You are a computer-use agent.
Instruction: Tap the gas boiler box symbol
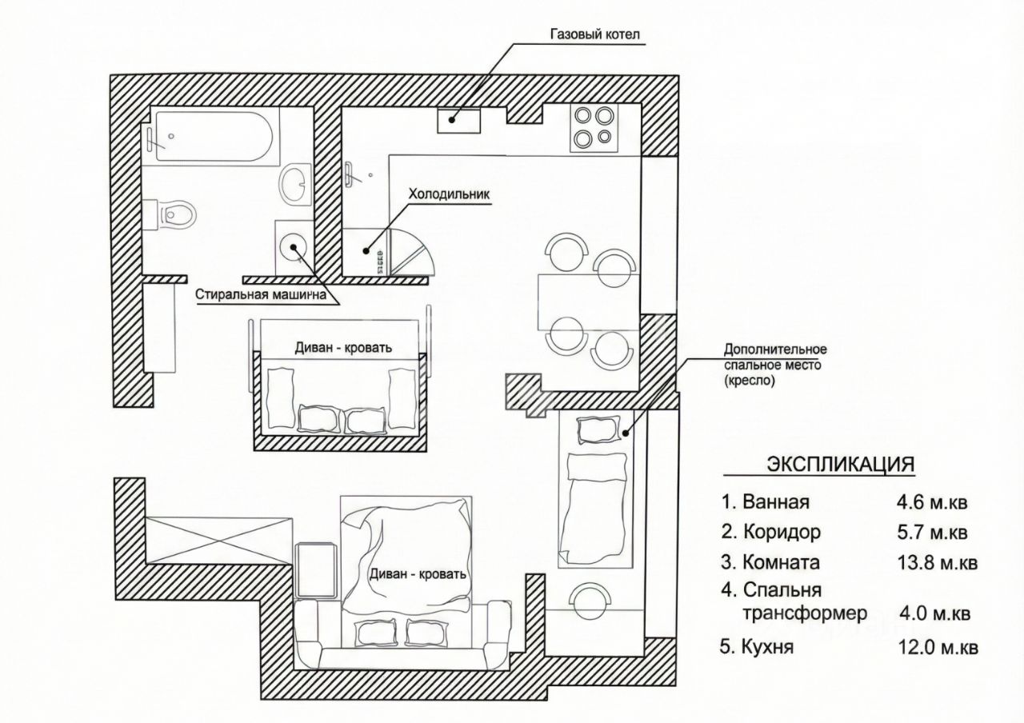pyautogui.click(x=458, y=119)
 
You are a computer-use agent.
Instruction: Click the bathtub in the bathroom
pyautogui.click(x=214, y=138)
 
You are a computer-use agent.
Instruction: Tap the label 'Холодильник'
pyautogui.click(x=448, y=194)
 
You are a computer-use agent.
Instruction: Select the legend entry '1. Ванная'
pyautogui.click(x=766, y=503)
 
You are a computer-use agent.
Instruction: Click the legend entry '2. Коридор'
pyautogui.click(x=770, y=532)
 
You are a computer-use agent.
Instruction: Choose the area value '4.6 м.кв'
pyautogui.click(x=933, y=503)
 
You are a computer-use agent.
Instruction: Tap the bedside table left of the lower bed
pyautogui.click(x=315, y=569)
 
